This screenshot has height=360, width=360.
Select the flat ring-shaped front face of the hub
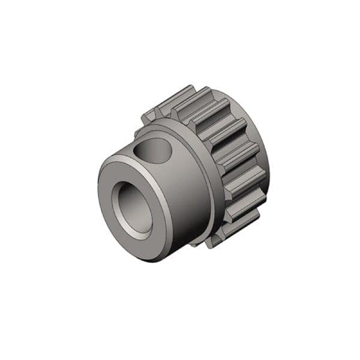[x=112, y=180]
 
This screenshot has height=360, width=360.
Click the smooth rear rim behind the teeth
[x=264, y=162]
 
